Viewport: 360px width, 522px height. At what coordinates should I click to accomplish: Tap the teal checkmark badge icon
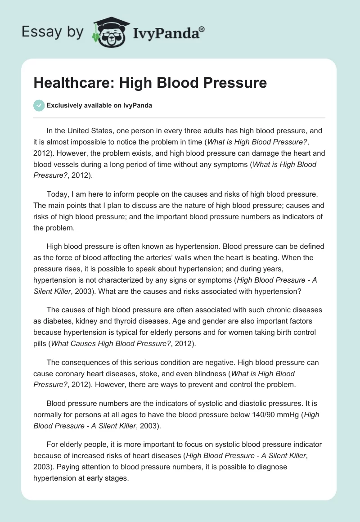click(x=39, y=105)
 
